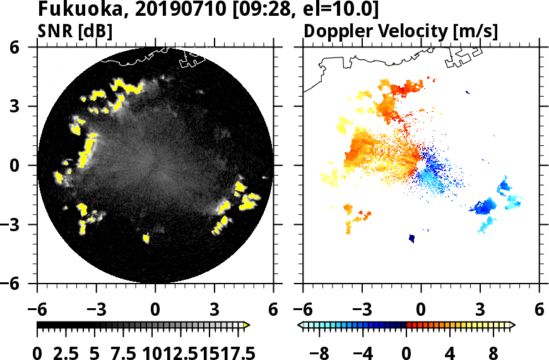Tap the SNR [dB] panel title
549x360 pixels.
pos(75,31)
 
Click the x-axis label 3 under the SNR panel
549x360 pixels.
pos(215,310)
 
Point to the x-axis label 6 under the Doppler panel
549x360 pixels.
pos(539,310)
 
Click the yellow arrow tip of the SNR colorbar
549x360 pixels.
pos(247,325)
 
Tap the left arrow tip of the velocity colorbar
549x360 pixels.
pos(300,325)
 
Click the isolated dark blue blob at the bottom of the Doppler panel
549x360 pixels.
pos(412,238)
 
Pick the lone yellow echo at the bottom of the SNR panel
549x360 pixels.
pos(146,238)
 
